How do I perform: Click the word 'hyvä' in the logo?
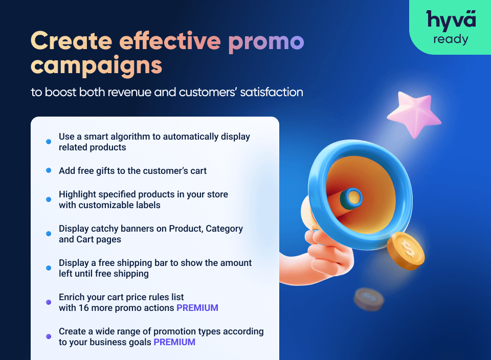(451, 20)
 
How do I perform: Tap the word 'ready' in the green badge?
(451, 40)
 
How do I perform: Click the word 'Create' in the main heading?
(72, 41)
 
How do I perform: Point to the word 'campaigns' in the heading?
(97, 66)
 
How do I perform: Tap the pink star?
(414, 114)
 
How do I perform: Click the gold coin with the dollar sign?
(406, 251)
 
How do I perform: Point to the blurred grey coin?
(369, 299)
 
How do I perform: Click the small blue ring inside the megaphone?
(351, 199)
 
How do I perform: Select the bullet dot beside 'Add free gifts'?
(49, 171)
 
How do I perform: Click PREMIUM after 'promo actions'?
(197, 308)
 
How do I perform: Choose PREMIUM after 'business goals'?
(174, 342)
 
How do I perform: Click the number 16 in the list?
(83, 308)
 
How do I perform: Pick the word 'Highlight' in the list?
(77, 195)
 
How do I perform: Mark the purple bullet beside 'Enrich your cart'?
(49, 302)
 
